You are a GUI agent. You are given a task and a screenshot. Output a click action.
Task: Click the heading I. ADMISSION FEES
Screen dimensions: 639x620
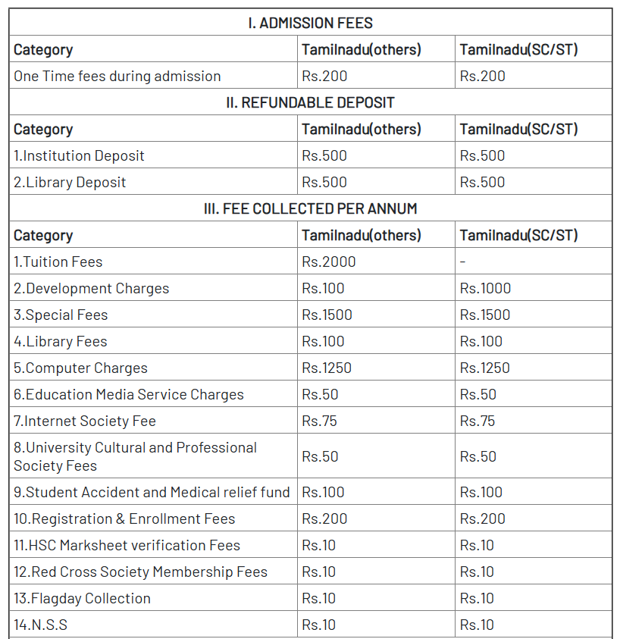310,23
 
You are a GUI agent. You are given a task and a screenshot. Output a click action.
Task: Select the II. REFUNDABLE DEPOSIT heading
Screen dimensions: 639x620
310,102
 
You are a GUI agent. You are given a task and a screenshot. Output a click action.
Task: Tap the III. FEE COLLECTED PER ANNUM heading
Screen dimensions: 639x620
310,208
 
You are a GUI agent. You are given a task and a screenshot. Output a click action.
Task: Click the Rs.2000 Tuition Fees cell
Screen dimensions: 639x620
328,262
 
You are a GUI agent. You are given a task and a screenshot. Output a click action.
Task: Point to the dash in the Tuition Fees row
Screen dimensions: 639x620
463,262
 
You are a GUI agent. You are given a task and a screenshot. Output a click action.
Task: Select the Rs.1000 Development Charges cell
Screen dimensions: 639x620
485,288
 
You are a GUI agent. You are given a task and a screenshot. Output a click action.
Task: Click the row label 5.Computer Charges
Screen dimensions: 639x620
80,368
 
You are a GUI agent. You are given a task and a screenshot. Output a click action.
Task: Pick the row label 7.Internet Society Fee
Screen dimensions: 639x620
85,421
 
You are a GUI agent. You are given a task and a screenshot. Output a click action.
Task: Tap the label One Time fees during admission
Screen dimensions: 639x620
117,76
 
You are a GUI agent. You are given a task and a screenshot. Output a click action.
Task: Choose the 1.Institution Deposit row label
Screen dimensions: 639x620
79,155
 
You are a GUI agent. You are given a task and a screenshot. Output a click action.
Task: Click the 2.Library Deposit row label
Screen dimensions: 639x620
70,182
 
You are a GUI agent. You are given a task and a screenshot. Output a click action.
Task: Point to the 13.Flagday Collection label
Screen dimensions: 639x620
82,598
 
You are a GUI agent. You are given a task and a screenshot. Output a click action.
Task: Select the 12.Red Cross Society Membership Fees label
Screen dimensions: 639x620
140,572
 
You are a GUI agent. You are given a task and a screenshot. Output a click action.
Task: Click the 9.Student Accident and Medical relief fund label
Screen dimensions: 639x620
152,492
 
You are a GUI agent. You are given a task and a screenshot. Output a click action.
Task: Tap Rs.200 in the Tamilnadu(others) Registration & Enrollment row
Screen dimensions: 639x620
324,518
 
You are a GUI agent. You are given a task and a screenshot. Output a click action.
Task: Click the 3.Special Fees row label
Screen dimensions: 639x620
61,315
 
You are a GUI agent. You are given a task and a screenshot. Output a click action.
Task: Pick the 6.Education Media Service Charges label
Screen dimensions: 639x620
129,394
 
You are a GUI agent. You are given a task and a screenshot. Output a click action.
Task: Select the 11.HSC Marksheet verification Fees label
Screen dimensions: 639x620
127,545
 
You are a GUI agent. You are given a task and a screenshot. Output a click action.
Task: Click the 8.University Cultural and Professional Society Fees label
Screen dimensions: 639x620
135,456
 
